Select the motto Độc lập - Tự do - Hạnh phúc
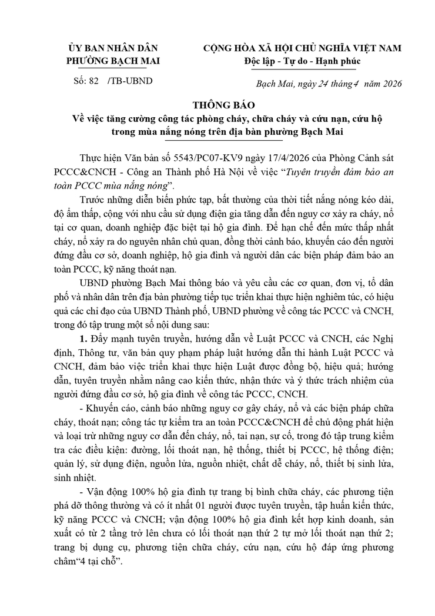(302, 60)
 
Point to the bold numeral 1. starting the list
(83, 337)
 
